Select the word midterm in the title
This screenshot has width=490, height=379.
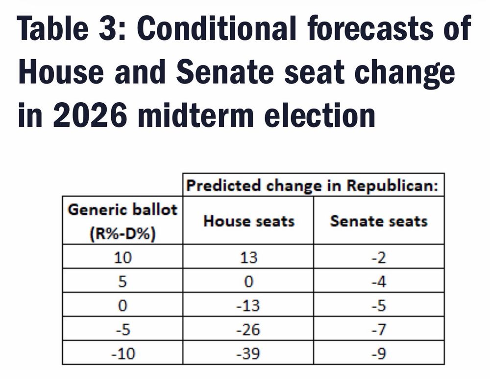click(x=196, y=115)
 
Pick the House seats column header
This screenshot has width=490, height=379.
click(x=249, y=221)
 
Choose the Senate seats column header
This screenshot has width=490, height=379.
click(x=379, y=221)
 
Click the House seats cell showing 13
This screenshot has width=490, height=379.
click(x=249, y=257)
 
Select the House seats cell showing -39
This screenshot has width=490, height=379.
click(x=248, y=354)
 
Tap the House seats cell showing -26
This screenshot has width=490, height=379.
click(x=248, y=330)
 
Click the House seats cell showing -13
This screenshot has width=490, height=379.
click(x=248, y=305)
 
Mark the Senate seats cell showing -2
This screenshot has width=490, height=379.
click(x=379, y=257)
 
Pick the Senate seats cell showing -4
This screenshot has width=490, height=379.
click(x=379, y=281)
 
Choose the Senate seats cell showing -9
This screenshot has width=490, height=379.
click(x=379, y=354)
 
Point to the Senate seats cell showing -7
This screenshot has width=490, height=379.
click(x=379, y=330)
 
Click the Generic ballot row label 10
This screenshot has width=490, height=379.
click(x=123, y=257)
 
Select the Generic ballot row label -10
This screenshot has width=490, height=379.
click(x=123, y=354)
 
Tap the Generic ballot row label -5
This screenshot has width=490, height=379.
click(x=123, y=330)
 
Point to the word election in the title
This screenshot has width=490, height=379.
click(x=319, y=115)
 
